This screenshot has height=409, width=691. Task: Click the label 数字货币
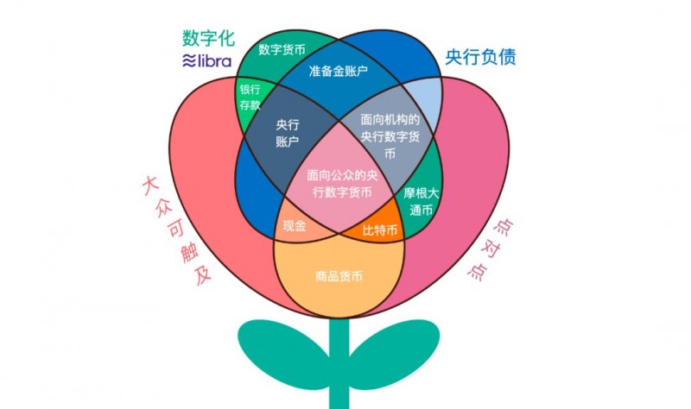coord(282,49)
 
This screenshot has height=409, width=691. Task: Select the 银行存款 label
coord(250,99)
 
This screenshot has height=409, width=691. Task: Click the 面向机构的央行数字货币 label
coord(390,136)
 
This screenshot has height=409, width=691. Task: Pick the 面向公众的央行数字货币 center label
coord(343,185)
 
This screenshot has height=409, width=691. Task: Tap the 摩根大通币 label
coord(422,201)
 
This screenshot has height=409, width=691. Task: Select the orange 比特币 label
coord(380,230)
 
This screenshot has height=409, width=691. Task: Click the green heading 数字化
coord(210,38)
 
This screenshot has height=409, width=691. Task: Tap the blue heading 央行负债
coord(480,57)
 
